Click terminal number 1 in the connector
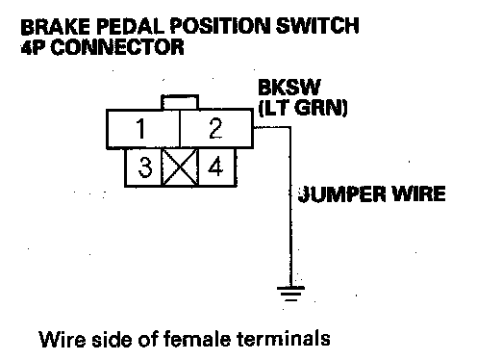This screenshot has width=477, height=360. pos(143,129)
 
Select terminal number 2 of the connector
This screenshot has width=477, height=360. pos(216,129)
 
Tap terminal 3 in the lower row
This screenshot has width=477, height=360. pos(143,167)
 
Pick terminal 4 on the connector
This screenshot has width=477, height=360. pos(217,167)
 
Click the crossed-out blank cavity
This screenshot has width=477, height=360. pos(180,167)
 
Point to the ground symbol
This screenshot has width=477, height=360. pos(290,294)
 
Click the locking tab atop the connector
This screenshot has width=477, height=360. pos(180,102)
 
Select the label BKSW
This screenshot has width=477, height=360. pos(289,87)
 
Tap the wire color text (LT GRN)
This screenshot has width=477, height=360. pos(303,108)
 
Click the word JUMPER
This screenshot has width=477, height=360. pos(341,193)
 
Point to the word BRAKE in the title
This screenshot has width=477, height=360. pos(56,26)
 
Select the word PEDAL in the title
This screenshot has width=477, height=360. pos(131,26)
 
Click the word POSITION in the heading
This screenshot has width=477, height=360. pos(220,26)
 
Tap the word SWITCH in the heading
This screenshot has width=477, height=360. pos(317,26)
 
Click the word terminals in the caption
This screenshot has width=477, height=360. pos(284,339)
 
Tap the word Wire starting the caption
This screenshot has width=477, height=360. pos(63,339)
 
